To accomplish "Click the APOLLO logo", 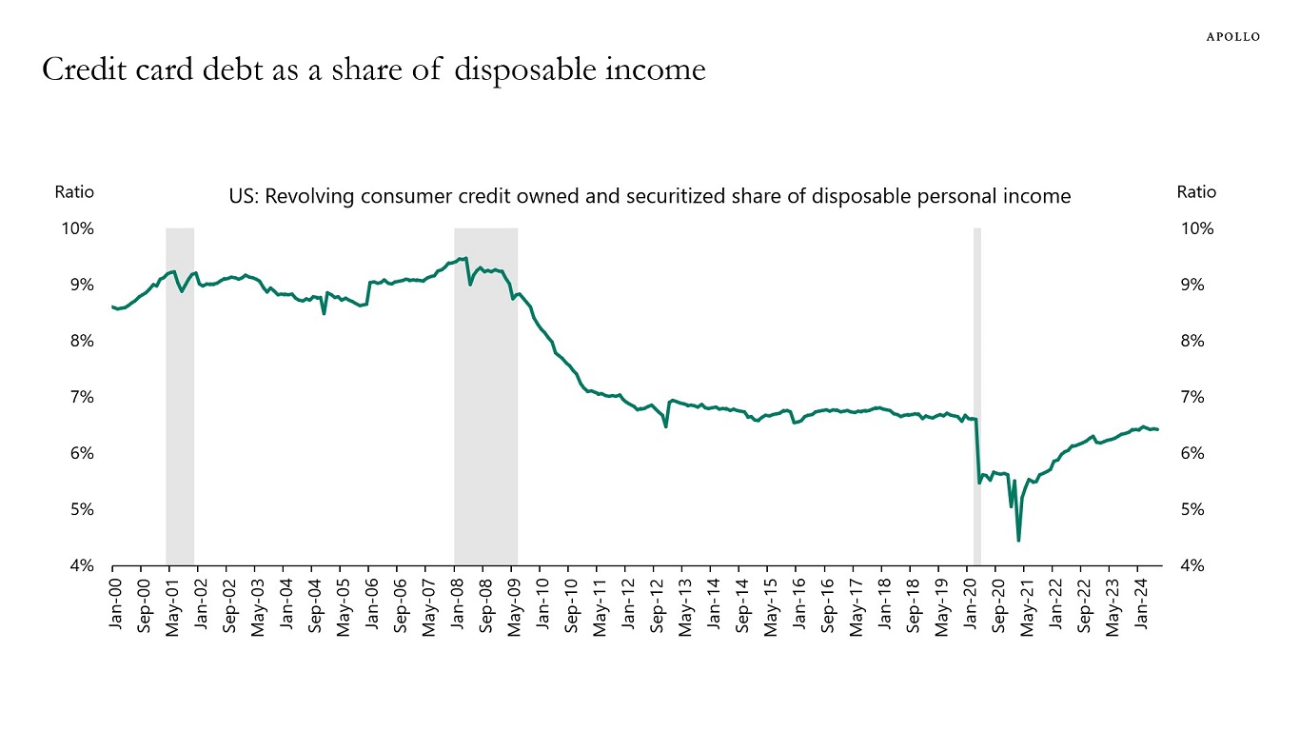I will pos(1233,36).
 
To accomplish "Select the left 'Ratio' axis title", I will pos(74,191).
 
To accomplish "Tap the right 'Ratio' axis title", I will pos(1196,191).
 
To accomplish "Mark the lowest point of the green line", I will pos(1018,541).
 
